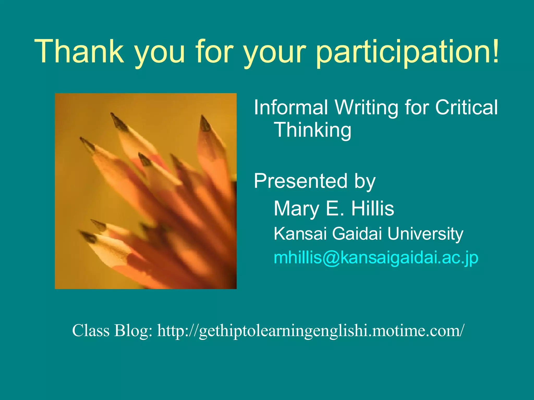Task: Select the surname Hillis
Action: click(x=373, y=209)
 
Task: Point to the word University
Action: click(x=425, y=234)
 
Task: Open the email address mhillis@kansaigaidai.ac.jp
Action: click(x=376, y=258)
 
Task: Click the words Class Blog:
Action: click(x=112, y=330)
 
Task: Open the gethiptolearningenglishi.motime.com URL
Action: click(x=311, y=331)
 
